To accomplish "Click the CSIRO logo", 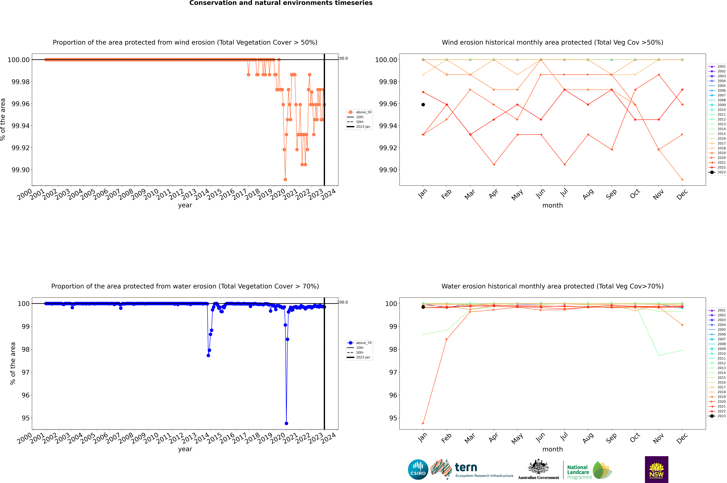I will pos(418,469).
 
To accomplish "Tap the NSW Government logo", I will pos(656,469).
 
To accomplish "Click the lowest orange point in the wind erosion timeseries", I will pos(285,179).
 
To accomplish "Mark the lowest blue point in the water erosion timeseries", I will pos(286,423).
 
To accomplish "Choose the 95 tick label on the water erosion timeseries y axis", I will pos(26,418).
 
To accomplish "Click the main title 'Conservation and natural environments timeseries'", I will pos(281,3).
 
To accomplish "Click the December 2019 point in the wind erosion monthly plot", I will pos(682,179).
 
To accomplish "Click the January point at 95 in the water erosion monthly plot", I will pos(423,423).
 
